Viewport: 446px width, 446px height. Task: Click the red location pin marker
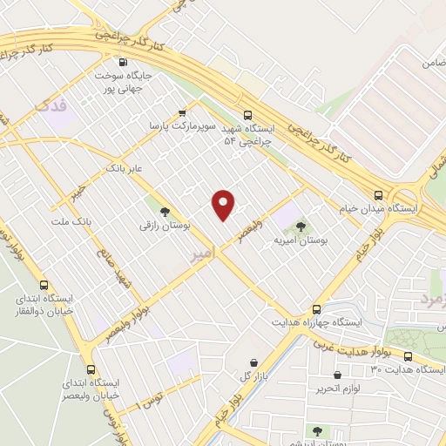coord(224,204)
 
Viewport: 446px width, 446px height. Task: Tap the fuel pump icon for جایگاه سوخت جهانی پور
coord(122,62)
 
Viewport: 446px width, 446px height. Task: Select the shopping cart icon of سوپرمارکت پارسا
coord(182,112)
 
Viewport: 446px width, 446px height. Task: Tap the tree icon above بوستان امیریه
coord(301,226)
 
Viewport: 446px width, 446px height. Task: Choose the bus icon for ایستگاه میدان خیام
coord(378,195)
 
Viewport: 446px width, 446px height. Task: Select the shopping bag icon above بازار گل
coord(253,362)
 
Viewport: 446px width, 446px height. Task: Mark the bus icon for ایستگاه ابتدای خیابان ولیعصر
coord(91,368)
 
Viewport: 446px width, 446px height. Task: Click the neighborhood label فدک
coord(51,105)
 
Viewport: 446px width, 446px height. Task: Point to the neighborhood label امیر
coord(199,255)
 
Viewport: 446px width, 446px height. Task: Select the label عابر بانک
coord(123,165)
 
